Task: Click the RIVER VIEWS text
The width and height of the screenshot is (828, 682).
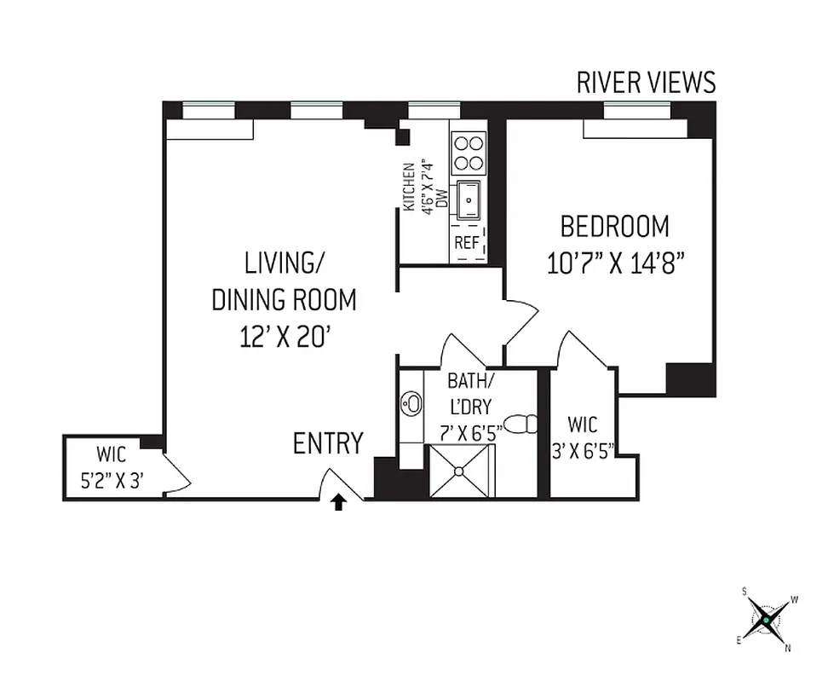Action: coord(646,83)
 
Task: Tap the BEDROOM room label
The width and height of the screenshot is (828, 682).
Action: coord(614,227)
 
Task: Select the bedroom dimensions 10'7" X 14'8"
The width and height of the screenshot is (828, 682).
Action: coord(616,262)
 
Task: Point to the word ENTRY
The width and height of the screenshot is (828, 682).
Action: coord(328,443)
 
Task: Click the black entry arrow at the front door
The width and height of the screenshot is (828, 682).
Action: coord(338,503)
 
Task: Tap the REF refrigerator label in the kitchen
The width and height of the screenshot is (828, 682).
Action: coord(466,243)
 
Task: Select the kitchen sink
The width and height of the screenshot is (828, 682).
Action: coord(468,201)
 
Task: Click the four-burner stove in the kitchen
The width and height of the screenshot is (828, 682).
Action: coord(468,153)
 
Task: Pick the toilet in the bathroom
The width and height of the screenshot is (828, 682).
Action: coord(521,424)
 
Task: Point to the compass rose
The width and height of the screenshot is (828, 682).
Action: coord(766,619)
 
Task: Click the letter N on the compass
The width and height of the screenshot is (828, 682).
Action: coord(788,648)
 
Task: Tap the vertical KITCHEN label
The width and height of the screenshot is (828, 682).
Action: coord(409,188)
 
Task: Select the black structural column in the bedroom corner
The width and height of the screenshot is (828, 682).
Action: coord(689,379)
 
